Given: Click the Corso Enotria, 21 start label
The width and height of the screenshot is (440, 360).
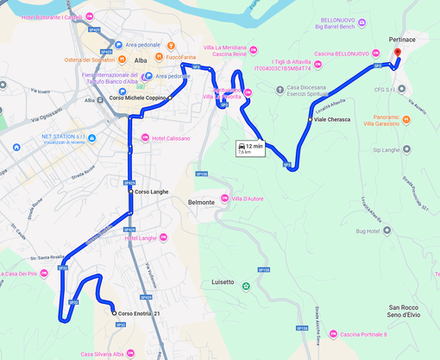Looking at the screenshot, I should pos(139,313).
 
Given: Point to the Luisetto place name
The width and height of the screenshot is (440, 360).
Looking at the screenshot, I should pos(223,282).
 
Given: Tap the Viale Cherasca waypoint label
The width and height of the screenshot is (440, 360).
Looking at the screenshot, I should pos(332,119).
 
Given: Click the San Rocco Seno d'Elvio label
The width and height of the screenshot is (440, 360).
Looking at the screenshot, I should pos(403,312).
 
